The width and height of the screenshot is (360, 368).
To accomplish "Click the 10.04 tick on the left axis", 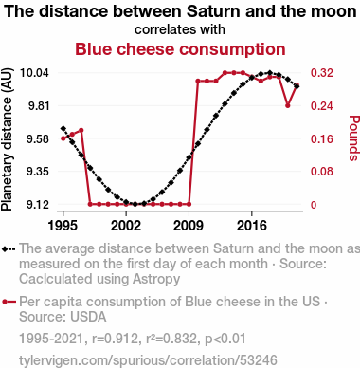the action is pos(34,73).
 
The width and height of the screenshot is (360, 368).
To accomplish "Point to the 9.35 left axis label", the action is pos(38,172).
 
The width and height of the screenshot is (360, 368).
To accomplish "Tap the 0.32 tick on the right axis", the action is pos(322,73).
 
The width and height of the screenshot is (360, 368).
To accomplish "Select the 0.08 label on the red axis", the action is pos(322,172).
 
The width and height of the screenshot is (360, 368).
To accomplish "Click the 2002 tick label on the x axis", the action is pos(126,226).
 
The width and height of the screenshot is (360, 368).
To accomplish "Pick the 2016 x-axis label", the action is pos(252,226).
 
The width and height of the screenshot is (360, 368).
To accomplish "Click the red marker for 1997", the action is pos(81,130).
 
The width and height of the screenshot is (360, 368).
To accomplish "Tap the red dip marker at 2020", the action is pos(287,105).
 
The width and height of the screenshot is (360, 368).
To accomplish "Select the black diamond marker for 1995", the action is pos(63,128).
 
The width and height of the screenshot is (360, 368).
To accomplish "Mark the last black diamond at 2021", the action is pos(297,85).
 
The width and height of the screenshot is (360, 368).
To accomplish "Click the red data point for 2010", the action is pos(198,81).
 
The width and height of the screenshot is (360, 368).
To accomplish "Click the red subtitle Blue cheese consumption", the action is pos(180,49).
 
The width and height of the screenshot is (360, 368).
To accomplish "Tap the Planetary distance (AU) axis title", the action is pos(7,139).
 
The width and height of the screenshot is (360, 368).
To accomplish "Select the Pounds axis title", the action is pos(354,138).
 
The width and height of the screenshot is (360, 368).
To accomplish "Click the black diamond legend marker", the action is pos(9,248).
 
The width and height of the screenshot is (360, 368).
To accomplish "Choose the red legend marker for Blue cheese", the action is pos(9,302).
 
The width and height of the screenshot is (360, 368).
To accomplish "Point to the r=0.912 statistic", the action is pos(116,339).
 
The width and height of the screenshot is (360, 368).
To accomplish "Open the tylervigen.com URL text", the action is pos(148,360).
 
